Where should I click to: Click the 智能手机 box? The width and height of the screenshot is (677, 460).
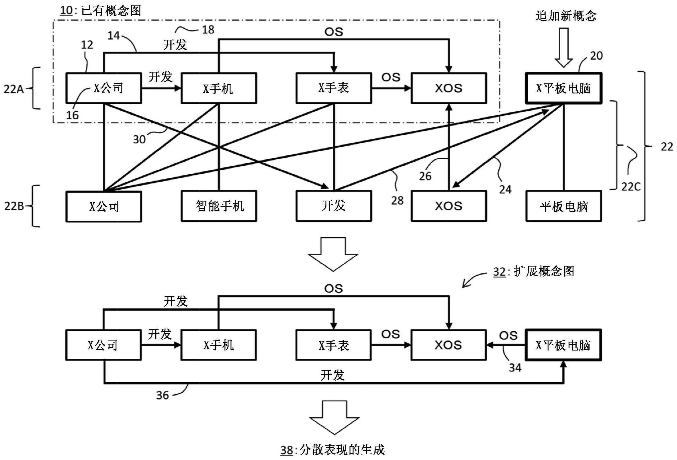point(219,206)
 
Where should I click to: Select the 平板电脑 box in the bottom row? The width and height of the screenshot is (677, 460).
point(563,206)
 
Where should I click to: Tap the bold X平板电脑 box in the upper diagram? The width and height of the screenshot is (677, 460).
point(563,88)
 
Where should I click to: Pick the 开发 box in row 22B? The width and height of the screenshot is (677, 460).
point(334,206)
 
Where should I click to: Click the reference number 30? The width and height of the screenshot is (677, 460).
point(139,140)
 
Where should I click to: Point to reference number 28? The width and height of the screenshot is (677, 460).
point(397,200)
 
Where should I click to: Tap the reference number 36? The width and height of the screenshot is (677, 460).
point(162,395)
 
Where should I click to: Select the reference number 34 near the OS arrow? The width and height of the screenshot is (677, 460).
point(515,368)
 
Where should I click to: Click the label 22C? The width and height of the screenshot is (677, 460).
point(631,187)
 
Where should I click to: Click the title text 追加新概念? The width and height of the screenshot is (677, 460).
point(566,15)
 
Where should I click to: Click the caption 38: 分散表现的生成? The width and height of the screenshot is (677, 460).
point(332,450)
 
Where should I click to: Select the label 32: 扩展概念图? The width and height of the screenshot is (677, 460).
point(533,271)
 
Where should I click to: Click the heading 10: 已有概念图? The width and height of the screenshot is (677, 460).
point(101,11)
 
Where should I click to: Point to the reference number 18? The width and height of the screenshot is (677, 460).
point(208,30)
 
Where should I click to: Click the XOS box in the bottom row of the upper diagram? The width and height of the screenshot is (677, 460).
point(449,206)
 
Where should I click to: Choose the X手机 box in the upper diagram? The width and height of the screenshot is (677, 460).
point(219,88)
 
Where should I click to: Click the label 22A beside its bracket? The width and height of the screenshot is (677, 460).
point(13,89)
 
